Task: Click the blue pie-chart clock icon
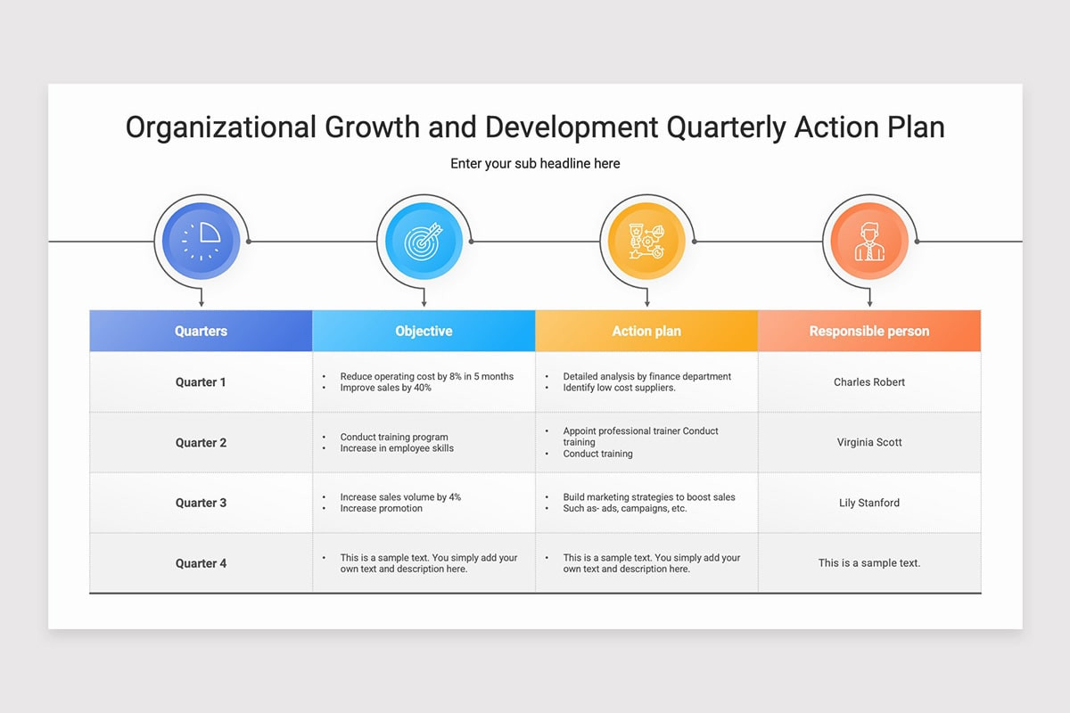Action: [x=202, y=242]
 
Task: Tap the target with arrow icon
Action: [x=424, y=242]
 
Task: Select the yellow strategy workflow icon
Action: [x=646, y=242]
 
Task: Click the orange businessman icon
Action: [x=869, y=242]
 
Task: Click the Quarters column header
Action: [x=202, y=331]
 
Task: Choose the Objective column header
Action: [x=424, y=331]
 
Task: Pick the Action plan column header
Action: [x=646, y=331]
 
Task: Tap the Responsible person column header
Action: [x=869, y=331]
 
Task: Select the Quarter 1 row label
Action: [x=201, y=382]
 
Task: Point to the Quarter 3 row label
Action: [x=202, y=503]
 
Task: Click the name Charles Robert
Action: [x=869, y=382]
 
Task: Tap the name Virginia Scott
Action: [x=869, y=442]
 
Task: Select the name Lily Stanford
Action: [x=869, y=503]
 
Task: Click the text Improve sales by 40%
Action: [x=385, y=388]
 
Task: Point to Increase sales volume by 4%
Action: [x=400, y=497]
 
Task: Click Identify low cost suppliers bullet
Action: [x=619, y=388]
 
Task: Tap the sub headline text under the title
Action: [x=535, y=164]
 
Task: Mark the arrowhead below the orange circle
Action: [x=869, y=304]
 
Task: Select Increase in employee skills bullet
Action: [x=397, y=448]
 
